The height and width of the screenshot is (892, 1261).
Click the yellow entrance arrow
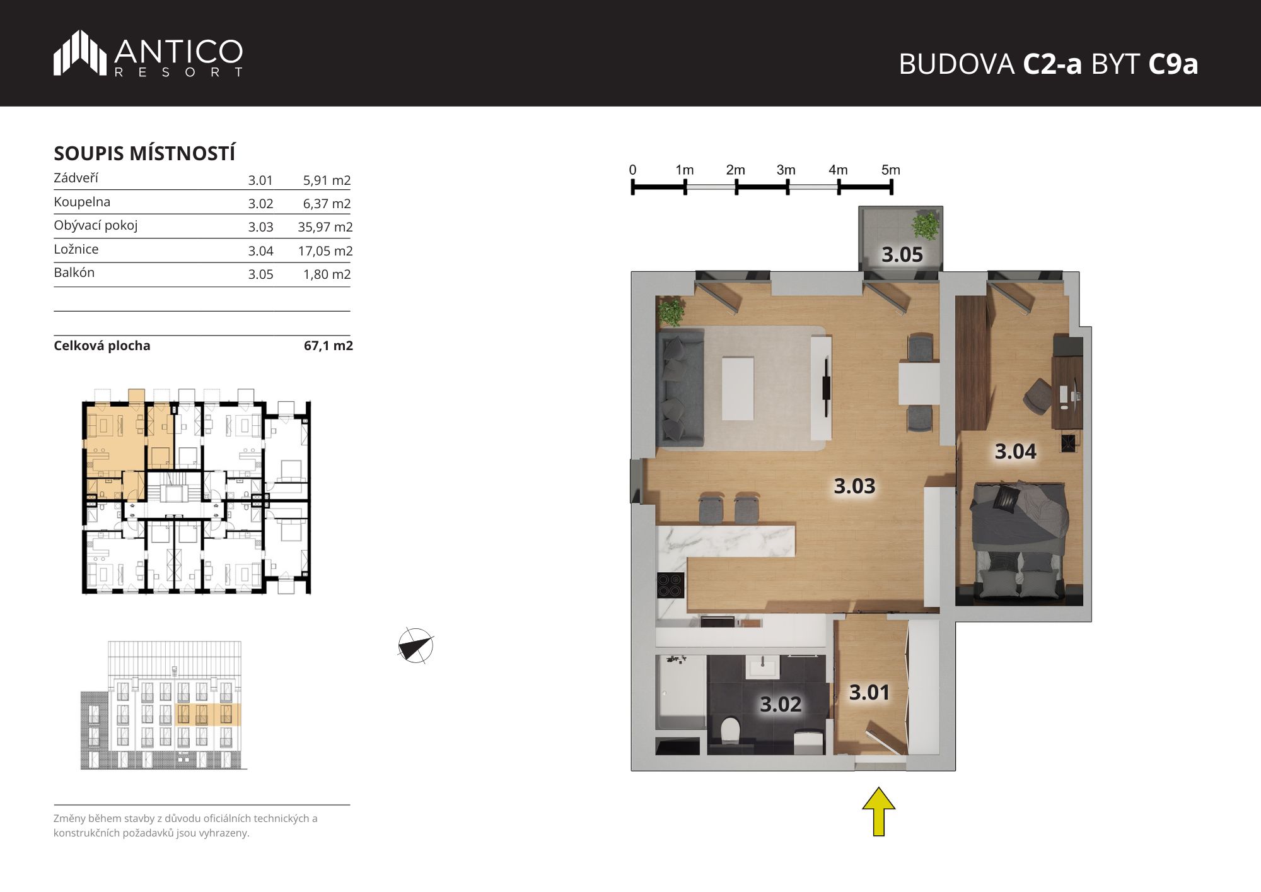pos(878,811)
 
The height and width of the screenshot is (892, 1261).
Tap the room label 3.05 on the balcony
pos(902,255)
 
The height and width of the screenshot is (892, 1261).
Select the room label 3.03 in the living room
pos(854,486)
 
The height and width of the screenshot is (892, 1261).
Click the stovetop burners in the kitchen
pos(670,584)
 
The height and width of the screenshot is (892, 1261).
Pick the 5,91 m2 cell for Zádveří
pos(327,180)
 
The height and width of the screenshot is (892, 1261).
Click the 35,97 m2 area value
pos(325,227)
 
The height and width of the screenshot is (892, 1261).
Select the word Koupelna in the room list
pos(82,202)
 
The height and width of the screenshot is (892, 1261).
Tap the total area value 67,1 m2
pos(328,346)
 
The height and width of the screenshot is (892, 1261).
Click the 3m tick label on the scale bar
pos(786,170)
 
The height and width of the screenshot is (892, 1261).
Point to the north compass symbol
pos(415,645)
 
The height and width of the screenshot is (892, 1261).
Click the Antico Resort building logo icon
pos(79,53)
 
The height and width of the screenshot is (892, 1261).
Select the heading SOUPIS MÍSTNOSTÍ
pos(144,153)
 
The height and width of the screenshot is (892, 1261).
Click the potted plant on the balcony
pos(926,225)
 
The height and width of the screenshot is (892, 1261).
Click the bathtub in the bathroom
pos(681,692)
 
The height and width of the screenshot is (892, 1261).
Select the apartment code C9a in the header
pos(1173,64)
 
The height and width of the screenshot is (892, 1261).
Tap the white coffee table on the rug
pos(738,389)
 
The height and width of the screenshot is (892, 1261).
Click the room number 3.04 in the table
pos(260,251)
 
